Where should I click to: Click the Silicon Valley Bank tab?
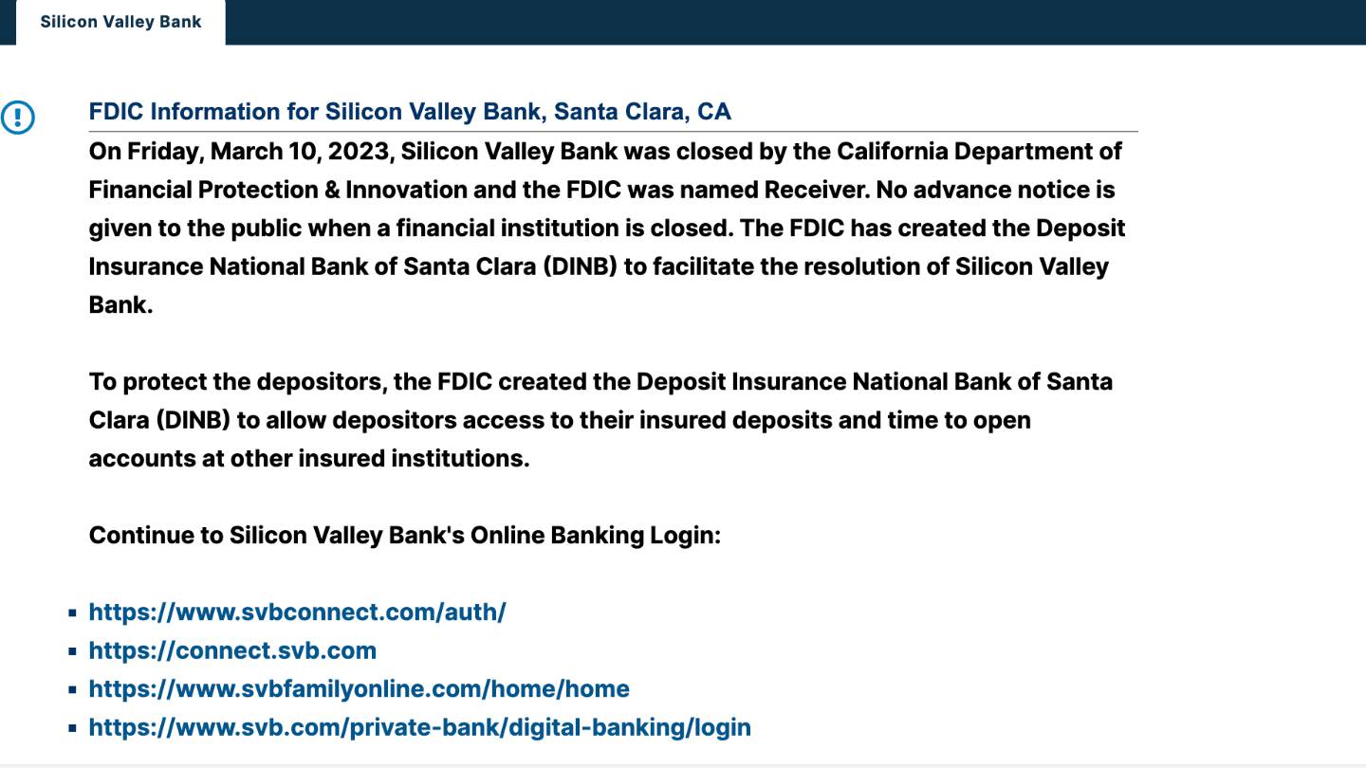click(120, 22)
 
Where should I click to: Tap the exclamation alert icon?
click(18, 117)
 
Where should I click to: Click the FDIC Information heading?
click(410, 112)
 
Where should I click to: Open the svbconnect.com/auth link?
click(298, 612)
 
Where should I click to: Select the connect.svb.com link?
click(233, 650)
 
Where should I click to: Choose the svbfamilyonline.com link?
click(360, 688)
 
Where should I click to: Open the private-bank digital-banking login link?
click(420, 727)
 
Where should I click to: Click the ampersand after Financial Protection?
click(332, 191)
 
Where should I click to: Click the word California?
click(892, 151)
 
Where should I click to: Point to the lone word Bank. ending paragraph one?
click(120, 304)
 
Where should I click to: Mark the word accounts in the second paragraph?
click(142, 459)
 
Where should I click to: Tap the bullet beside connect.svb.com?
click(72, 651)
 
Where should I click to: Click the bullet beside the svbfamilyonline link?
click(72, 690)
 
